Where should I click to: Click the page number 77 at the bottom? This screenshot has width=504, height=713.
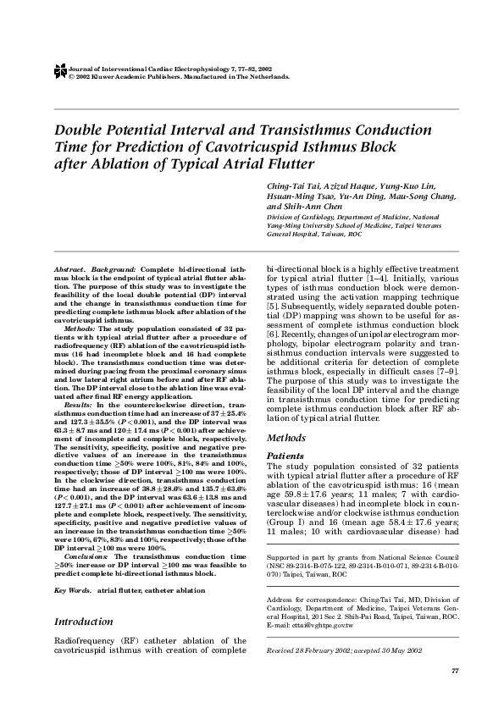(455, 671)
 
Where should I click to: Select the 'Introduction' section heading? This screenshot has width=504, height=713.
(85, 621)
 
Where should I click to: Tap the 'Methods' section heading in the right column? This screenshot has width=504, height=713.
(286, 439)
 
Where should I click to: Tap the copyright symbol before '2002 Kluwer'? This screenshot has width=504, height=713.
(70, 76)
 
